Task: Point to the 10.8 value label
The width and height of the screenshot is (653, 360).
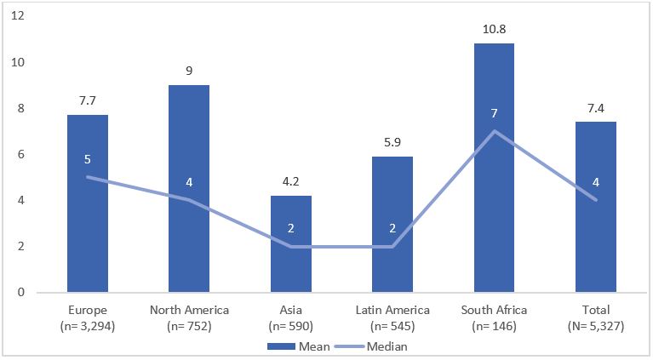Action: tap(494, 31)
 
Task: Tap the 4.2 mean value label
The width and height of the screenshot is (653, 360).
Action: tap(290, 183)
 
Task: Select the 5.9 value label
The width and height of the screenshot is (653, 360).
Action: tap(392, 144)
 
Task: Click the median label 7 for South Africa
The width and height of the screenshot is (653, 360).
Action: tap(494, 114)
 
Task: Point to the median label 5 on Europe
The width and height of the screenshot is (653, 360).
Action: tap(88, 160)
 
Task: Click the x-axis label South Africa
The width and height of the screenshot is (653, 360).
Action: tap(494, 310)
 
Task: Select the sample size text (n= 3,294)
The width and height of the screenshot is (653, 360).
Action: tap(88, 325)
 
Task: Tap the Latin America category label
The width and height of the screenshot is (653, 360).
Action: tap(392, 310)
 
